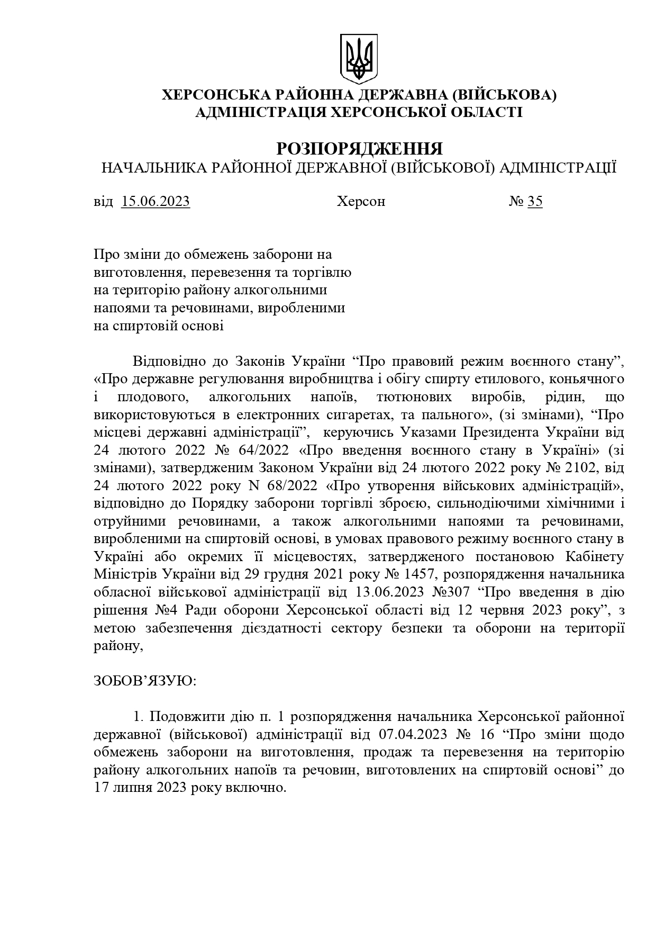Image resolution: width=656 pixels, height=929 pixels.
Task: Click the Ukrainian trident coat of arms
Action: (x=359, y=58)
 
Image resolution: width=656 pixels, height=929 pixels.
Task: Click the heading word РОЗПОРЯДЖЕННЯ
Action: (x=359, y=149)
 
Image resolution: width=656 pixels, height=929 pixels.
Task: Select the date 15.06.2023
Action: (x=156, y=202)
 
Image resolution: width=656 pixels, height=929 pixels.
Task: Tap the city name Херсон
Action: (x=361, y=202)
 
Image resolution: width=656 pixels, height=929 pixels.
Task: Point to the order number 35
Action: (x=535, y=202)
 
